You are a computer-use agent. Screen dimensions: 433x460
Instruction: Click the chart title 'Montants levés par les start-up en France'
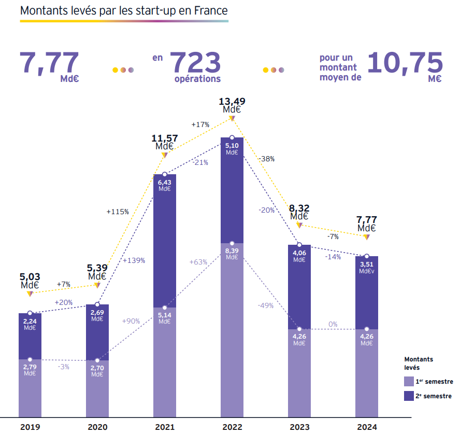124,10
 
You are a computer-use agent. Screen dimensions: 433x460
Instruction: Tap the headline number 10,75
405,62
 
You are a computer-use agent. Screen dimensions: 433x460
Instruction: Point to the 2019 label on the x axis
30,427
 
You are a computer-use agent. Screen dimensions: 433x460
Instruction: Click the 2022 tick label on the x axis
232,427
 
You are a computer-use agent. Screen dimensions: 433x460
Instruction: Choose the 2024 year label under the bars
366,427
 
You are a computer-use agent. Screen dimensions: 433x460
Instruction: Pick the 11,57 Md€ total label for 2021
165,142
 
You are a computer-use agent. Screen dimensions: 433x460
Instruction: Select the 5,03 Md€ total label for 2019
30,281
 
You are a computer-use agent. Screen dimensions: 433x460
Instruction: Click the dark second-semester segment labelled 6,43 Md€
165,239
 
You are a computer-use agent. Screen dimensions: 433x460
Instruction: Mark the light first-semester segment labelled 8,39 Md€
232,327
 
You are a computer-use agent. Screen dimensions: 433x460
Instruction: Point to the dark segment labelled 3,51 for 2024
366,290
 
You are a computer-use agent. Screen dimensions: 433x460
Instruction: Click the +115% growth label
118,212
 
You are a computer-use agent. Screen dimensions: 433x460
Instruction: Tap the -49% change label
265,305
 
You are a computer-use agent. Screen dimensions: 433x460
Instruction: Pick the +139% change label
134,260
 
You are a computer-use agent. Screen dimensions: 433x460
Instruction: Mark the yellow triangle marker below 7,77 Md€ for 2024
366,237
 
